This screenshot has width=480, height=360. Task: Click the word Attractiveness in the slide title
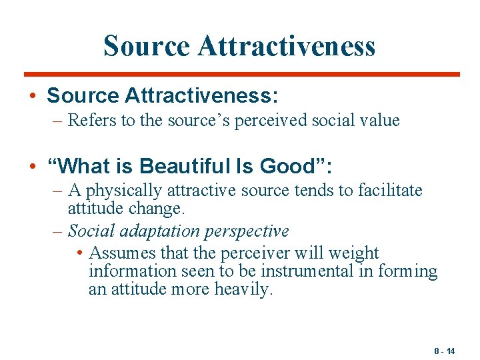[287, 46]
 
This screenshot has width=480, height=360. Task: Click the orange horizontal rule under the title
[241, 74]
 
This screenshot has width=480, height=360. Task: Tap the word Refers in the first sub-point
[91, 121]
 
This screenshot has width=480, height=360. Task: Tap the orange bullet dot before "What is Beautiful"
[33, 165]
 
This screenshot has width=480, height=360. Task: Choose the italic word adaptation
[156, 231]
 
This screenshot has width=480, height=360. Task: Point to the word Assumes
[121, 253]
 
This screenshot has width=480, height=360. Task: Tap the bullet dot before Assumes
[80, 253]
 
